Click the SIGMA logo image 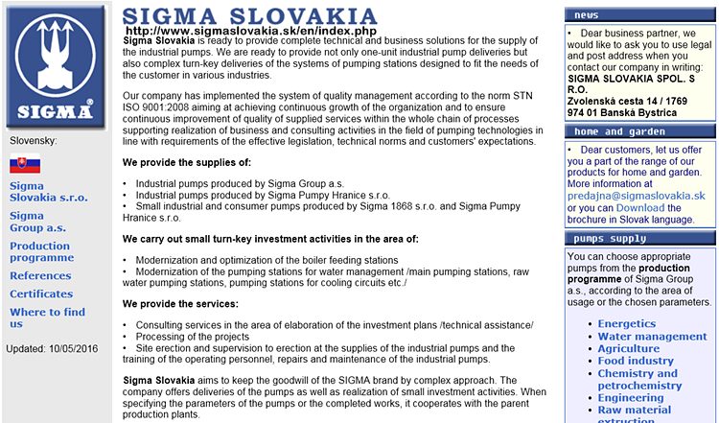coord(55,64)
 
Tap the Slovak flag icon coord(25,164)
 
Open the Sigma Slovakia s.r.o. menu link coord(47,191)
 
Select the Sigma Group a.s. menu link coord(37,222)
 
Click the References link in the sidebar coord(40,276)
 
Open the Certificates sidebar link coord(41,294)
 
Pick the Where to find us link coord(47,317)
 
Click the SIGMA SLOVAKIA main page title coord(250,16)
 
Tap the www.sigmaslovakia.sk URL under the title coord(250,31)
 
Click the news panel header coord(639,15)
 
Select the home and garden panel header coord(639,131)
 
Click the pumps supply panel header coord(639,238)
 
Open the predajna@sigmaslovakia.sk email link coord(637,195)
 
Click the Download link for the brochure coord(639,207)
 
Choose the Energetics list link coord(628,324)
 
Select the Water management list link coord(652,337)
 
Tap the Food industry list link coord(636,362)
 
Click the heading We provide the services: coord(180,304)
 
